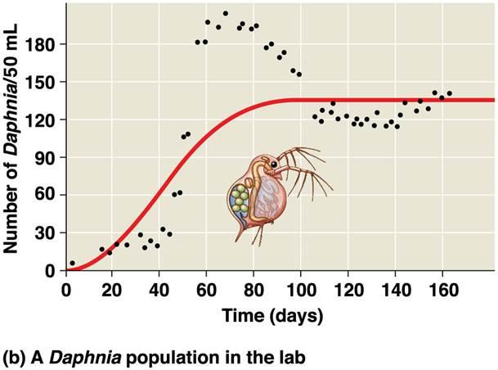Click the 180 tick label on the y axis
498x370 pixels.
(44, 44)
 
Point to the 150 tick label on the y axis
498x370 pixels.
(44, 82)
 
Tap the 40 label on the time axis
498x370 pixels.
(160, 290)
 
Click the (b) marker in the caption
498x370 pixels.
(15, 358)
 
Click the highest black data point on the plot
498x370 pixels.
(225, 14)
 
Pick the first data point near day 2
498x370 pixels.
(72, 264)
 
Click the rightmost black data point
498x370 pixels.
(449, 93)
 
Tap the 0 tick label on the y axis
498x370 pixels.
(52, 270)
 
